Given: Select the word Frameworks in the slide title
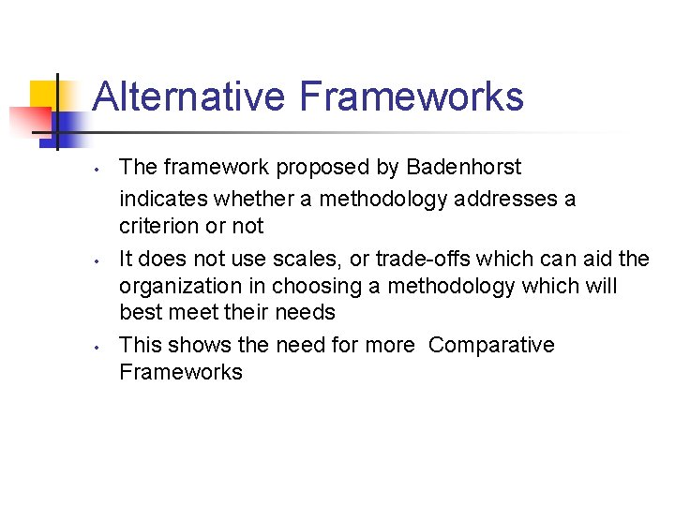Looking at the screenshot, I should click(x=412, y=97).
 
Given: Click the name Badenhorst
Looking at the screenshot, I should click(x=463, y=168).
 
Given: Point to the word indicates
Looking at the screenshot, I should click(x=163, y=199).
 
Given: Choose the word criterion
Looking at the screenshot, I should click(x=162, y=226).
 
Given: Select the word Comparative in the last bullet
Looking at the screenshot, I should click(x=491, y=345).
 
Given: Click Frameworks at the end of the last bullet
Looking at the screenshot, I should click(x=180, y=372).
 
